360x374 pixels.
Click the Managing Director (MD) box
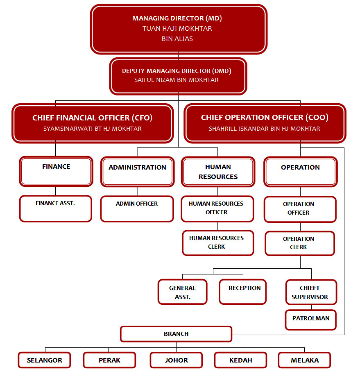(x=179, y=29)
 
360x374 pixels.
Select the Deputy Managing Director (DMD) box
(x=178, y=76)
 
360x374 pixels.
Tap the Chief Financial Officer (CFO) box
(x=93, y=123)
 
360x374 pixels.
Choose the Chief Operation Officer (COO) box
(x=265, y=123)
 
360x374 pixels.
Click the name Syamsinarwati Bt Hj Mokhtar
(x=93, y=129)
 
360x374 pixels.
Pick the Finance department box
(x=56, y=171)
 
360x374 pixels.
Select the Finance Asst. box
(x=56, y=209)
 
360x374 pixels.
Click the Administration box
(x=137, y=171)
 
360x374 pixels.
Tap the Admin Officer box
(x=137, y=209)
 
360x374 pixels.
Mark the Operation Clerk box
(x=299, y=243)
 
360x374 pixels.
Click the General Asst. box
(x=183, y=292)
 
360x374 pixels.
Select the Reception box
(x=242, y=292)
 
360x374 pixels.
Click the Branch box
(x=176, y=334)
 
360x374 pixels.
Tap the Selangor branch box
(x=45, y=360)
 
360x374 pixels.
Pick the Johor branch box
(x=176, y=360)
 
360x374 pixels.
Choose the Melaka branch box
(x=304, y=360)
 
